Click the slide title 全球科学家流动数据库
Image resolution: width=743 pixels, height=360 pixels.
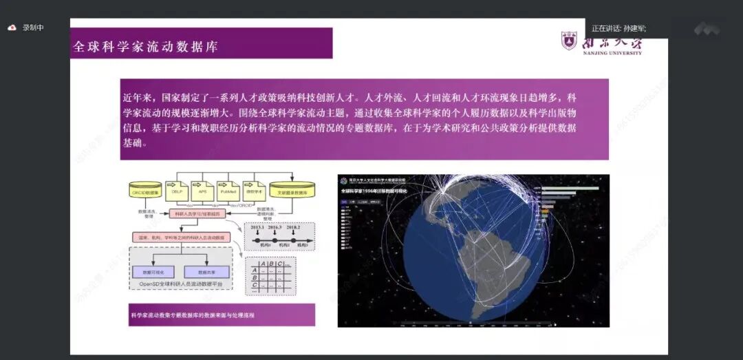point(146,47)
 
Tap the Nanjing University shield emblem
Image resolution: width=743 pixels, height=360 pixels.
point(569,41)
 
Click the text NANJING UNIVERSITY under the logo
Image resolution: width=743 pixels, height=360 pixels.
point(612,53)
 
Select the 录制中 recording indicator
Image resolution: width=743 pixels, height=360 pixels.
point(32,28)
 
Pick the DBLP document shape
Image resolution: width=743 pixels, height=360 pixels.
point(177,191)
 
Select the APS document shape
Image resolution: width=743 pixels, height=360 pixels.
point(202,191)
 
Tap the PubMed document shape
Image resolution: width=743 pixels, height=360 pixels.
point(227,191)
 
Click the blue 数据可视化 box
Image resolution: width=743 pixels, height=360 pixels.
point(153,271)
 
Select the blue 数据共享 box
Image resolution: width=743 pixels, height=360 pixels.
point(206,271)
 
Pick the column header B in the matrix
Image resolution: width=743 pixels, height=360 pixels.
point(272,263)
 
